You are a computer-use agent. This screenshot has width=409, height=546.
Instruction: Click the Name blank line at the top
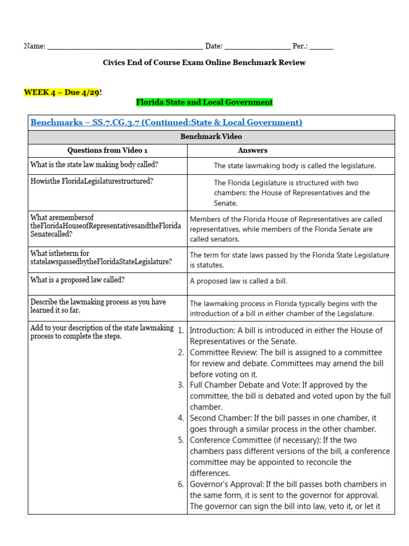(x=125, y=47)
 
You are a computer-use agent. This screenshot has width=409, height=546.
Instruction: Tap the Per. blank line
(x=321, y=47)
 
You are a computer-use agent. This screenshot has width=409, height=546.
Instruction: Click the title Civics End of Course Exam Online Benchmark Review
(x=204, y=62)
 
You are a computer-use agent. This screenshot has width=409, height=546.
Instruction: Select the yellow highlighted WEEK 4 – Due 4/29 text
(x=62, y=92)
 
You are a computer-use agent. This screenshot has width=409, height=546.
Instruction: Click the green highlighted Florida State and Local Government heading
(x=204, y=102)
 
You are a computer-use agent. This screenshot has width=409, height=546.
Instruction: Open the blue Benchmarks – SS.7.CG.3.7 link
(x=166, y=123)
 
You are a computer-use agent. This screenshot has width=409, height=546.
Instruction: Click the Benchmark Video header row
(x=211, y=137)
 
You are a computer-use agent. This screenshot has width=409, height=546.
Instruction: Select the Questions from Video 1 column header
(x=107, y=150)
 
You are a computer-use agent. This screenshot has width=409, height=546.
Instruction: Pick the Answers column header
(x=252, y=150)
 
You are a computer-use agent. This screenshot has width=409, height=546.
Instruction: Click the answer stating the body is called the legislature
(x=295, y=166)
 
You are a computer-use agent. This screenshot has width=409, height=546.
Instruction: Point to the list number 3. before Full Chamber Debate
(x=181, y=385)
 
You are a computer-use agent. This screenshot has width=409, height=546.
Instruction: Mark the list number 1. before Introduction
(x=181, y=331)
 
